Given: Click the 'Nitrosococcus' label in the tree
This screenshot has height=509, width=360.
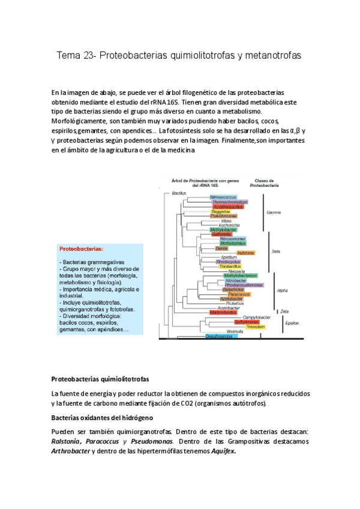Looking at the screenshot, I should tap(223, 197).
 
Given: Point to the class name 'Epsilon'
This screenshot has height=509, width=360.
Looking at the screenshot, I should tap(292, 322).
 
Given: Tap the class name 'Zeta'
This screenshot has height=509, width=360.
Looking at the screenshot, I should tap(284, 311).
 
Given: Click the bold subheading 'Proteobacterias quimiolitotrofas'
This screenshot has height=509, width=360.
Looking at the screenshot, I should tap(100, 379).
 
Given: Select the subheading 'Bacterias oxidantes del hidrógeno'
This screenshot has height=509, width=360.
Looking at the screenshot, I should tap(102, 417).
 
